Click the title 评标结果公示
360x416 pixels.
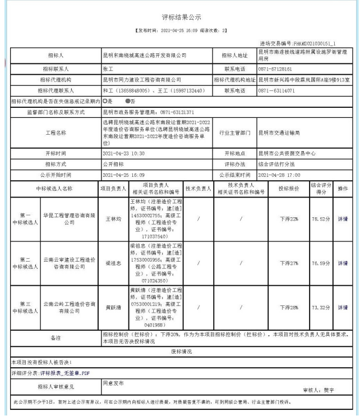click(x=180, y=17)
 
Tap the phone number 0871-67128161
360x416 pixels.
click(x=276, y=68)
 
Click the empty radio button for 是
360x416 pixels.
click(x=104, y=102)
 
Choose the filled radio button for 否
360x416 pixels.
click(x=127, y=102)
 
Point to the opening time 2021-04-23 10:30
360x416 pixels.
click(x=124, y=153)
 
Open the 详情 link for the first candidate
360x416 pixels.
click(x=342, y=219)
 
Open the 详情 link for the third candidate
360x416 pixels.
click(x=342, y=308)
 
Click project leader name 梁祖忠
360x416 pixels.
click(x=113, y=263)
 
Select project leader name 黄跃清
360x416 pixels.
click(x=113, y=308)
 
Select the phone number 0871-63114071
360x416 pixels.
click(x=276, y=90)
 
